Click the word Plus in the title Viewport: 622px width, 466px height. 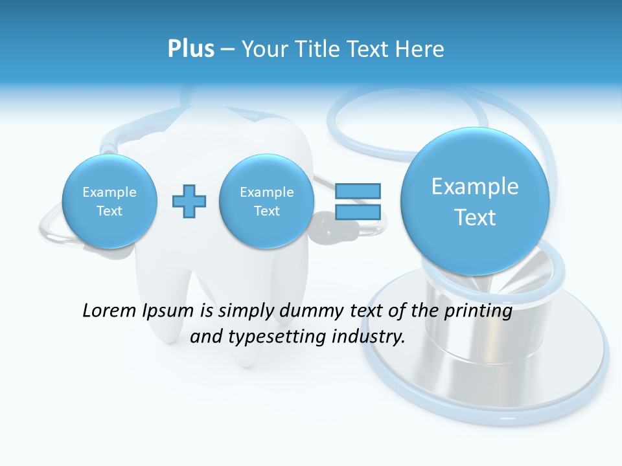click(x=190, y=49)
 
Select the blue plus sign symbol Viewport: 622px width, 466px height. click(x=189, y=201)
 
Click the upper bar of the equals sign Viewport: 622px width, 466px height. click(x=358, y=191)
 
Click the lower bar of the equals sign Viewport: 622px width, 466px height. click(x=358, y=212)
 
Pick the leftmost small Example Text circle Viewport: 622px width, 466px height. click(x=109, y=201)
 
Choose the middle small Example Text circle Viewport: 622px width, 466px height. click(x=266, y=201)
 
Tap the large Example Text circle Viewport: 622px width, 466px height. click(x=475, y=201)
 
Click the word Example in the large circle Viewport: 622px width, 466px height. click(x=475, y=186)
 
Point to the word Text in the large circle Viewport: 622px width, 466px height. click(x=475, y=217)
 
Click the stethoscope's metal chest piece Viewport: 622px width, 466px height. click(x=492, y=349)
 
